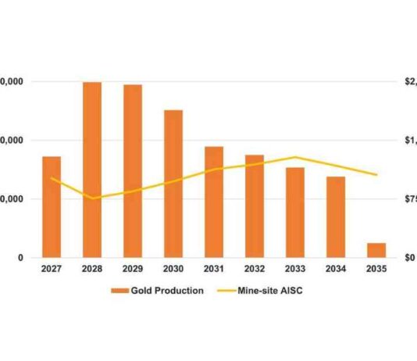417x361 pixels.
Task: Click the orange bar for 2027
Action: (x=52, y=207)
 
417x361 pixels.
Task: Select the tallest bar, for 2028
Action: (x=92, y=170)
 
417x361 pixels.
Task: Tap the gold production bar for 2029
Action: (x=133, y=171)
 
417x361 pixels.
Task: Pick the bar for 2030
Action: (x=173, y=184)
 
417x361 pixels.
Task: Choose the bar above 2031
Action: (x=214, y=202)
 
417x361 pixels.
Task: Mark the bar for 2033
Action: (x=295, y=213)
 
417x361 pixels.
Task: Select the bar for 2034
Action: (x=336, y=217)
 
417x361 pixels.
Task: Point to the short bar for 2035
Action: (x=376, y=250)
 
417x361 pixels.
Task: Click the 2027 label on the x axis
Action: (x=52, y=270)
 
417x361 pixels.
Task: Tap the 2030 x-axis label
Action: (x=173, y=270)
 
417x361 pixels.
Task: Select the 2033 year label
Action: (x=295, y=270)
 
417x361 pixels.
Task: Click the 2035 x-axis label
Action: (x=376, y=270)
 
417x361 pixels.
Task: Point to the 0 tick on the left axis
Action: (x=20, y=258)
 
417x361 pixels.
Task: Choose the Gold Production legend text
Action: (x=168, y=291)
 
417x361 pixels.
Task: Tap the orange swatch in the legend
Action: (x=119, y=291)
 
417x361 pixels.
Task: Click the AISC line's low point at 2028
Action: (x=92, y=198)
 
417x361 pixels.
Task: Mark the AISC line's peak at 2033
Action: (x=295, y=157)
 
